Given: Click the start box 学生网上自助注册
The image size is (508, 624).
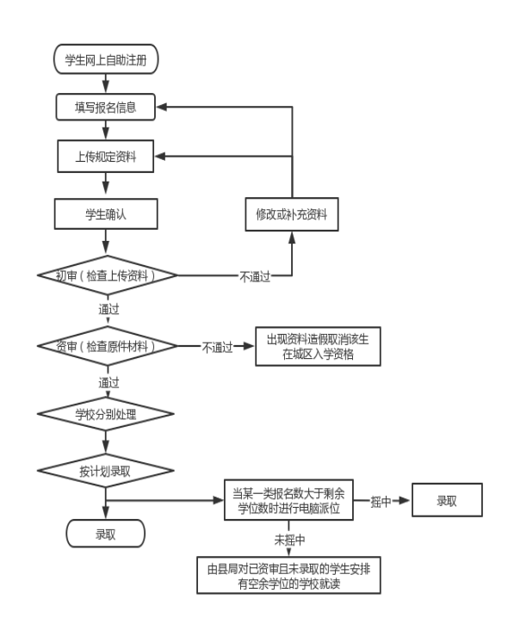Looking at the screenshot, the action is [106, 59].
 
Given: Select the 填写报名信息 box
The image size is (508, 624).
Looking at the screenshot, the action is [106, 107].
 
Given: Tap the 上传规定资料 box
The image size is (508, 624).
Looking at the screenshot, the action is [106, 156].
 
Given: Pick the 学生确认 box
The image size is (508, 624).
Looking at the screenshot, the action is [106, 214].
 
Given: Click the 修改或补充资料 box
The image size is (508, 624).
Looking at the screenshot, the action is [292, 214].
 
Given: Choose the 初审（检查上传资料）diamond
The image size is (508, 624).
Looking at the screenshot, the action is [107, 275].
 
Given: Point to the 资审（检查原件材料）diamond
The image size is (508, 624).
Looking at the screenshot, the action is [107, 346].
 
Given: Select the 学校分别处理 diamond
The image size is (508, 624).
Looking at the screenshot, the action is [106, 414].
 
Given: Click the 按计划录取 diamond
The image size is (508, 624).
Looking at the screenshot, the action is [106, 471].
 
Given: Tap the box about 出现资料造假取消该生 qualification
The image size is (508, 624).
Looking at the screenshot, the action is [318, 346].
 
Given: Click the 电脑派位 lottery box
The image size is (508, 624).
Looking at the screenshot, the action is [288, 500].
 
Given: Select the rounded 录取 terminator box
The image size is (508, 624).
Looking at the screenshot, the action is [106, 534].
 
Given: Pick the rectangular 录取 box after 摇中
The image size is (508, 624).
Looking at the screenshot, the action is [447, 500].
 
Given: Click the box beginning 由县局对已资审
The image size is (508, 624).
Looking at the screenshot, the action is [288, 576].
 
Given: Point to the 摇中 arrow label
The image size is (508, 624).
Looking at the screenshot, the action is [381, 502].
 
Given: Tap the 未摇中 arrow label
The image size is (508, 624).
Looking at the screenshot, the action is [289, 540].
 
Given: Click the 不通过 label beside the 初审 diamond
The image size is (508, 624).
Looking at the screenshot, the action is [255, 276].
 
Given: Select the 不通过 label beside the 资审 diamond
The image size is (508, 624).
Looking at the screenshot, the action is [217, 348].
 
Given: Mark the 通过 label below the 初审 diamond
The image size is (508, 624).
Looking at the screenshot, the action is [108, 309].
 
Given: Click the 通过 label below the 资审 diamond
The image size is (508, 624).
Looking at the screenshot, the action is [108, 383].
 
